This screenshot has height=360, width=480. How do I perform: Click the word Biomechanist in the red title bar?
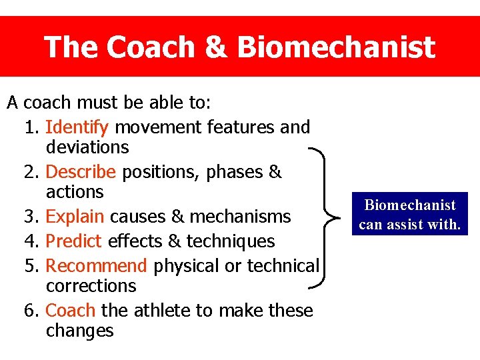click(x=335, y=47)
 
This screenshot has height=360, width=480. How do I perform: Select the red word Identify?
click(x=80, y=127)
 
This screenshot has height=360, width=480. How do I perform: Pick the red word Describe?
click(x=81, y=172)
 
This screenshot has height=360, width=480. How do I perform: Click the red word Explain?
click(x=75, y=217)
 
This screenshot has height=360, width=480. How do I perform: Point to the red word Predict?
click(x=73, y=241)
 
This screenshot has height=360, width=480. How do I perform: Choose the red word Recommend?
click(x=96, y=266)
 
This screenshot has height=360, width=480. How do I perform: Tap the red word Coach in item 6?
click(x=71, y=311)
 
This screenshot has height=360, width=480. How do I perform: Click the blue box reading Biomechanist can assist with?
click(x=409, y=215)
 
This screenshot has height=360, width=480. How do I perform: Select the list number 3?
click(x=29, y=217)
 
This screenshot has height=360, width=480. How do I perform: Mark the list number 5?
click(x=29, y=266)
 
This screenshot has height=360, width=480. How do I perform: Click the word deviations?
click(x=87, y=147)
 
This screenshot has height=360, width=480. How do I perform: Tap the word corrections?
click(x=91, y=286)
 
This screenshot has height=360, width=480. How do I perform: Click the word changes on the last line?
click(x=79, y=331)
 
